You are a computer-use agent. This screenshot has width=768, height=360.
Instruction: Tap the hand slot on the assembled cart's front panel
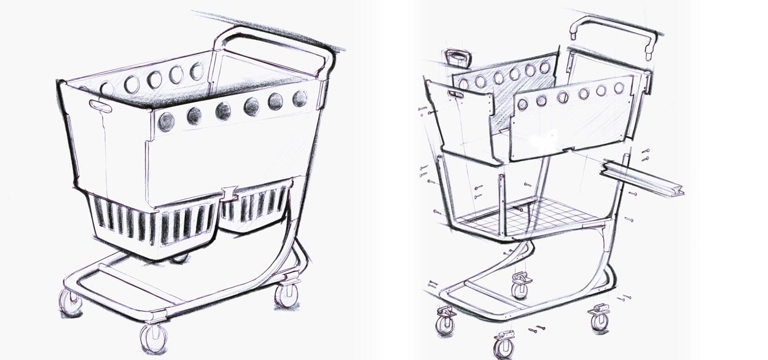pos(100,106)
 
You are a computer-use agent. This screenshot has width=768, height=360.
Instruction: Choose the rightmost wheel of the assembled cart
pos(286,295)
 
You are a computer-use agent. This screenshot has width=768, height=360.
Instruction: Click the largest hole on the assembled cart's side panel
pos(166,122)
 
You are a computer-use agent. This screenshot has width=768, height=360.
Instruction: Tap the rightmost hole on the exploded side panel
pos(619,88)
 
